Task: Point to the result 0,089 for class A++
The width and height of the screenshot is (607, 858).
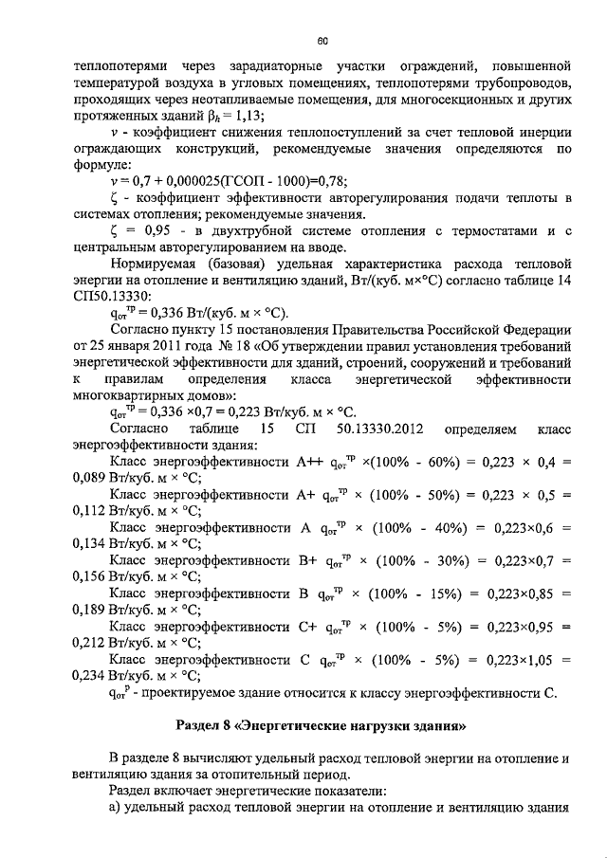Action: point(91,480)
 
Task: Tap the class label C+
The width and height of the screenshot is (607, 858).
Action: point(306,628)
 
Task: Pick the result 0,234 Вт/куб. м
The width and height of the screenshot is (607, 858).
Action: point(91,677)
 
